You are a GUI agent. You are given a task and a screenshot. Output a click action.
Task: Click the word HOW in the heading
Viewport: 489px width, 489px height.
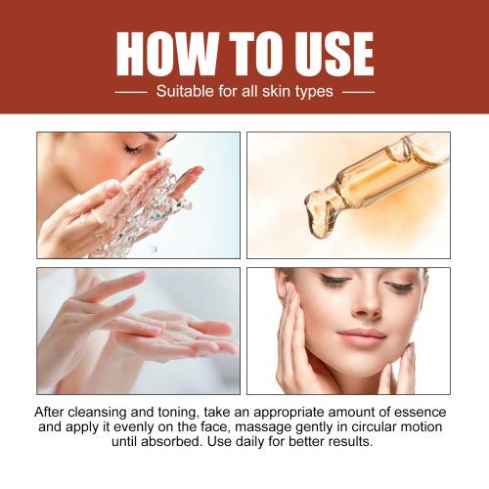tap(166, 54)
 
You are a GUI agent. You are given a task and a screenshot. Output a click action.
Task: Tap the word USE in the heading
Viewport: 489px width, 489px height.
tap(333, 54)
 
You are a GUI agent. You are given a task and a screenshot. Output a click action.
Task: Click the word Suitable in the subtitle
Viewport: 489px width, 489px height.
tap(186, 91)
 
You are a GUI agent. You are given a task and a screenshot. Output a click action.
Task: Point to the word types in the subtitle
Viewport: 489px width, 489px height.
tap(314, 92)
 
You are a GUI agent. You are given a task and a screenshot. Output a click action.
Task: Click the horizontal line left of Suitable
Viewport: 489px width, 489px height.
tap(131, 92)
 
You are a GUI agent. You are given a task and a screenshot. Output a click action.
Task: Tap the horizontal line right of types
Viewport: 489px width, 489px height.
tap(358, 92)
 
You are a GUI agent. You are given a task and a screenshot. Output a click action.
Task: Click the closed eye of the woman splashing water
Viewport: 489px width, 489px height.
tap(133, 150)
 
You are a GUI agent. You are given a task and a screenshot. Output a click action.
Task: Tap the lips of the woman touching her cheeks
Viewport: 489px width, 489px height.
tap(362, 336)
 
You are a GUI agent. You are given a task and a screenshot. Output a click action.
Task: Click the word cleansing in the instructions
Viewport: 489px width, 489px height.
tap(97, 413)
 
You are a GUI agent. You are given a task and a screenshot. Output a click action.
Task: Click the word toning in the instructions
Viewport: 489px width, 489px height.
tap(179, 414)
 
